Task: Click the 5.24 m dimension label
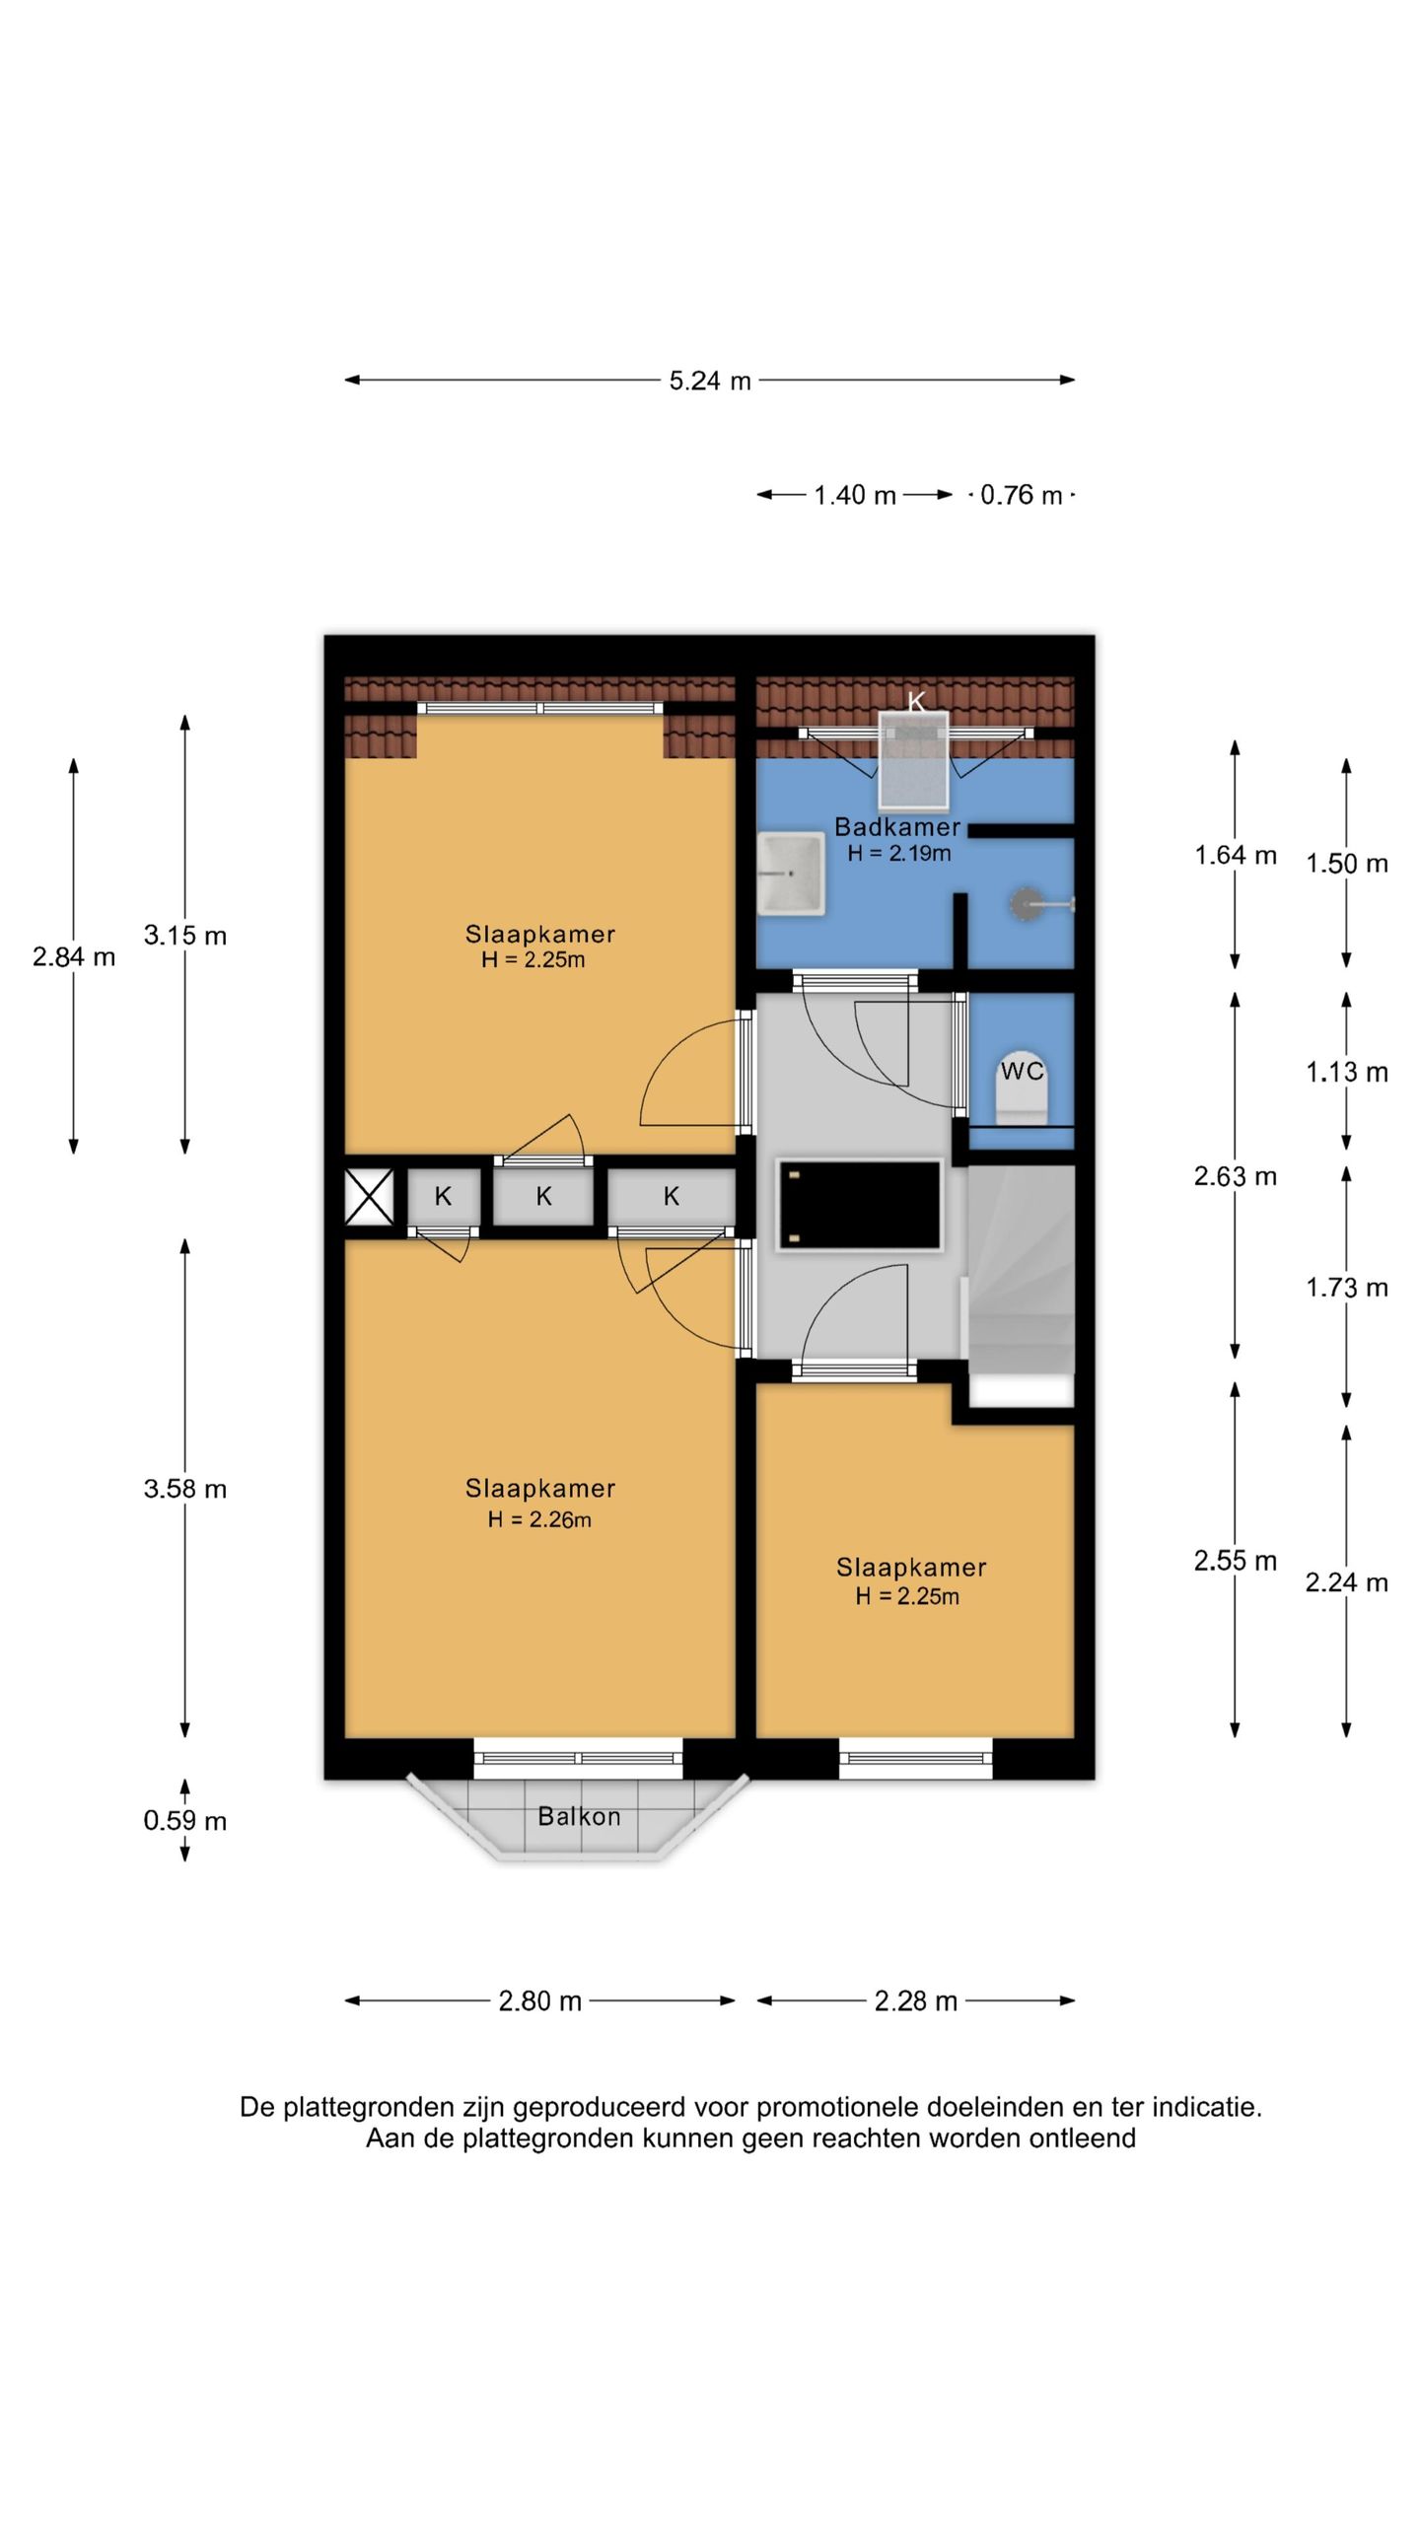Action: [x=710, y=381]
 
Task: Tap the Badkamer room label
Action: [x=897, y=826]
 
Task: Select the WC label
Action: [x=1022, y=1071]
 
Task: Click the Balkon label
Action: [x=579, y=1816]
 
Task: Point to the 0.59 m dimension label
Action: [x=185, y=1820]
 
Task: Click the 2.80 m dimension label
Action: [x=540, y=2000]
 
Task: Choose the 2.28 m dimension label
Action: [x=916, y=2000]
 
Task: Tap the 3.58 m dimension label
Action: [x=185, y=1489]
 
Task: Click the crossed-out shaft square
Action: [x=369, y=1197]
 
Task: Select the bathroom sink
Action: [x=791, y=874]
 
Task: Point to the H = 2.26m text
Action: [x=539, y=1519]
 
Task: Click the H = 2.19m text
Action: [x=899, y=853]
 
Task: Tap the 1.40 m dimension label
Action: [x=855, y=495]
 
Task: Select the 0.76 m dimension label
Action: [x=1022, y=495]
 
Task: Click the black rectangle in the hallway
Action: [x=859, y=1206]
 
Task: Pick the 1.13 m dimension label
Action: [x=1347, y=1072]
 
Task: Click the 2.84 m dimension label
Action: [x=74, y=956]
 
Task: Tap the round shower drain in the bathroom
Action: [x=1027, y=904]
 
